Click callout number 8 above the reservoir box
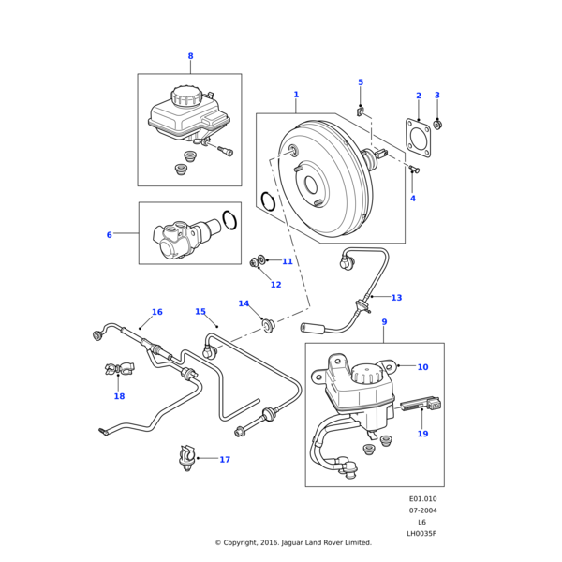[190, 56]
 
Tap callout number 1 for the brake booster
[296, 95]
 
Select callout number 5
[361, 82]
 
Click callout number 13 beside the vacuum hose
[396, 298]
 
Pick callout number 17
[225, 460]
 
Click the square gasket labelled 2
[418, 137]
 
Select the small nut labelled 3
[437, 125]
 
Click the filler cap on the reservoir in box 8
[186, 96]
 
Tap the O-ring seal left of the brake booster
[267, 200]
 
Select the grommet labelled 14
[269, 325]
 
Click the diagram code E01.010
[422, 498]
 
